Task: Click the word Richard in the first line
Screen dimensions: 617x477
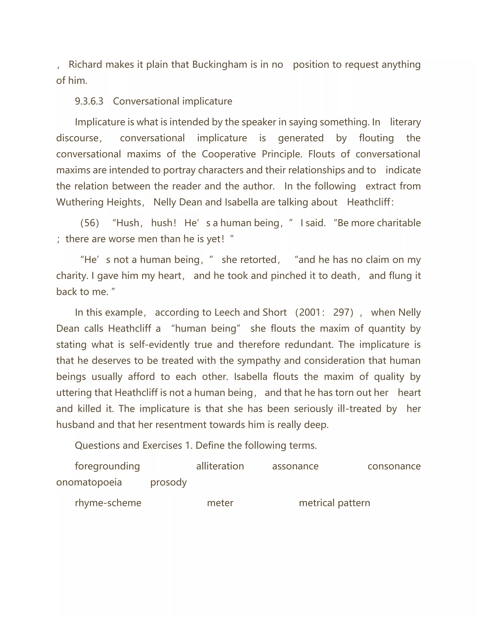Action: click(85, 65)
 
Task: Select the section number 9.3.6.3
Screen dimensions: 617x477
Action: click(89, 101)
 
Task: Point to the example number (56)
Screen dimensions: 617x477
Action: click(90, 223)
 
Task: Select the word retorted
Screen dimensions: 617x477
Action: click(249, 260)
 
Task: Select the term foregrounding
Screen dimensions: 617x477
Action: click(107, 466)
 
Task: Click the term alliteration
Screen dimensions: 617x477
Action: click(220, 466)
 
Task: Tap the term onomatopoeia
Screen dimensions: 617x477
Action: click(89, 482)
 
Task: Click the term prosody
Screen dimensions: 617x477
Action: click(168, 482)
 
